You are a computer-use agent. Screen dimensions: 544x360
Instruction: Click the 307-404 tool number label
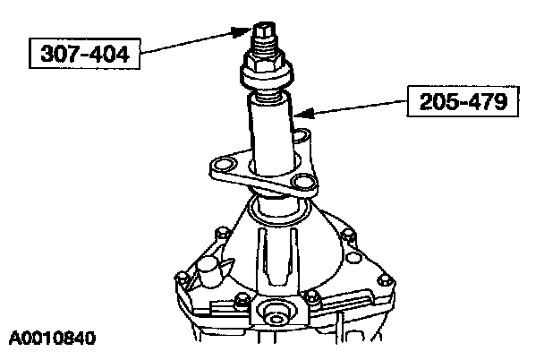[x=85, y=54]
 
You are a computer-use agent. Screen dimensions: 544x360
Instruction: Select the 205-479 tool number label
[x=463, y=101]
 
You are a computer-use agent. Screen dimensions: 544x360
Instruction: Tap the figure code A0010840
[x=53, y=339]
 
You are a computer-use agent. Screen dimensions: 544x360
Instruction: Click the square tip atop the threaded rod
[x=266, y=30]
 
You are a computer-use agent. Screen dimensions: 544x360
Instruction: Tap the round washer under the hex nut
[x=268, y=79]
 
